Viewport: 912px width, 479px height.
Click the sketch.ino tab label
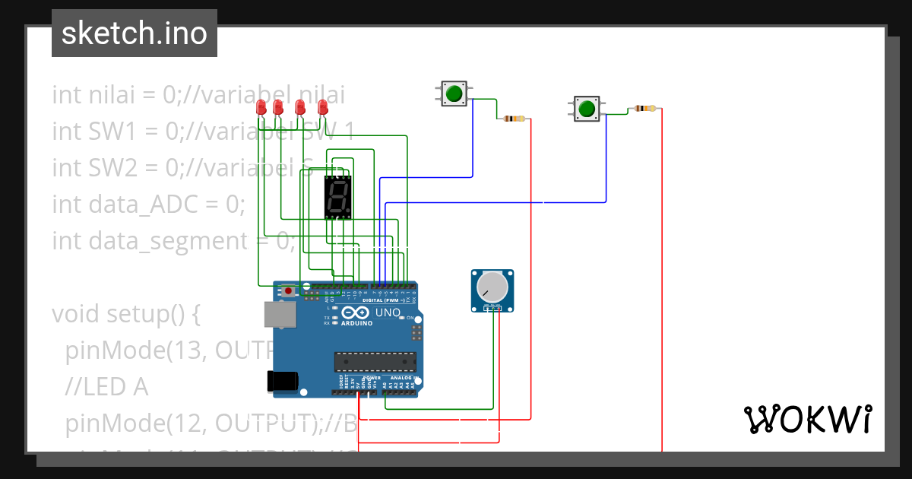134,33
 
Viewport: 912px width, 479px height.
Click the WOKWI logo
806,419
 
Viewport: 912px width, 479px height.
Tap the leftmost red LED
261,108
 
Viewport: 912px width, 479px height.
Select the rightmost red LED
322,108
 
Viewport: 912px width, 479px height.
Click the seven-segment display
338,197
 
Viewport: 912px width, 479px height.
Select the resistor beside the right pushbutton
645,109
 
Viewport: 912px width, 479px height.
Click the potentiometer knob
492,287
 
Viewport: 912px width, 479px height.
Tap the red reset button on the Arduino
289,290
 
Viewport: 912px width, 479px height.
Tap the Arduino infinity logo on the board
356,312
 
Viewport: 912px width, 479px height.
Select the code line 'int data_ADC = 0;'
148,204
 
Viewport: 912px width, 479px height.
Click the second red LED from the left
277,108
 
